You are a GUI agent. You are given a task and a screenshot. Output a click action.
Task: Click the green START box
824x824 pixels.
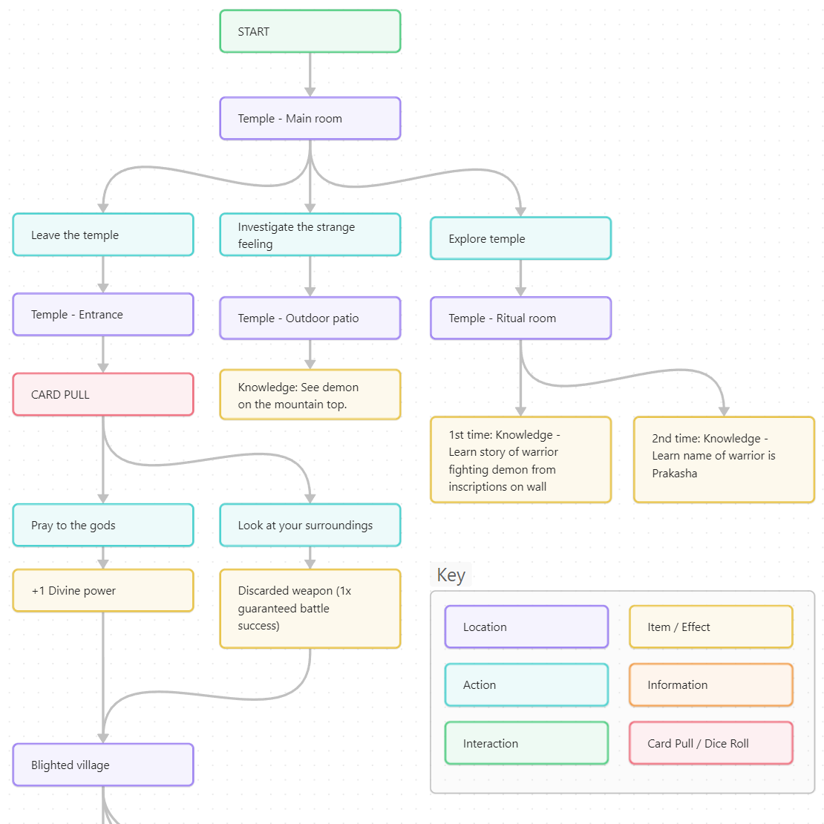pyautogui.click(x=310, y=31)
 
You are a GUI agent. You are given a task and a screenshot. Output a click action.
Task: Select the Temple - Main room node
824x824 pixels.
pyautogui.click(x=310, y=119)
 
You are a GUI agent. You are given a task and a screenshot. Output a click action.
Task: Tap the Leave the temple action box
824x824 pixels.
pyautogui.click(x=103, y=235)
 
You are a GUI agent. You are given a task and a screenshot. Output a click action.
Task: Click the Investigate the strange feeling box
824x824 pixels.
pyautogui.click(x=310, y=235)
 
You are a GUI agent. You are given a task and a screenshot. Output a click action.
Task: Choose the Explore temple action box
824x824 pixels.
pyautogui.click(x=520, y=238)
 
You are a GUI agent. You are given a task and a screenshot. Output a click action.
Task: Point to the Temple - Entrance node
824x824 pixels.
pyautogui.click(x=103, y=315)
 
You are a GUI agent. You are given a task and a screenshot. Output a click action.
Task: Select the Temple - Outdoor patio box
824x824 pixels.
pyautogui.click(x=310, y=318)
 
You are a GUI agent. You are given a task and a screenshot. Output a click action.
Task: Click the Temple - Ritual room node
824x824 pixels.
pyautogui.click(x=520, y=318)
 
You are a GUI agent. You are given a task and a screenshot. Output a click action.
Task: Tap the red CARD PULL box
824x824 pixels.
pyautogui.click(x=103, y=394)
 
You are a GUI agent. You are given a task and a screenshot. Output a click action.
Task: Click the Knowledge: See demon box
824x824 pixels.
pyautogui.click(x=310, y=395)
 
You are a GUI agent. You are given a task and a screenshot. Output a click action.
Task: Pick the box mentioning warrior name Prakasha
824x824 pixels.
pyautogui.click(x=724, y=460)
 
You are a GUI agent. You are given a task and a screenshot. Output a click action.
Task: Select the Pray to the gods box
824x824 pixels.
pyautogui.click(x=103, y=526)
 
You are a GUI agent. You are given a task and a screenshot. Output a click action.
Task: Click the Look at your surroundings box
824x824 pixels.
pyautogui.click(x=310, y=526)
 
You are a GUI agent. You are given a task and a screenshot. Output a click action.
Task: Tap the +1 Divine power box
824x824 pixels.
pyautogui.click(x=103, y=591)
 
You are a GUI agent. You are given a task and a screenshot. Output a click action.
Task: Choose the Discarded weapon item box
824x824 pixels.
pyautogui.click(x=310, y=609)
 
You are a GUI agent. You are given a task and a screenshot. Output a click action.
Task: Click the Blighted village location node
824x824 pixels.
pyautogui.click(x=103, y=765)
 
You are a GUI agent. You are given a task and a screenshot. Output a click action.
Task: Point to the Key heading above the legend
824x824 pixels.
pyautogui.click(x=451, y=575)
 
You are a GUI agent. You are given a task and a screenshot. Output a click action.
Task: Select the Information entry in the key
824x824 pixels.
pyautogui.click(x=710, y=684)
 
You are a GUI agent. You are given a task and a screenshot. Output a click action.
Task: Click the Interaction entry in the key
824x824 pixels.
pyautogui.click(x=526, y=743)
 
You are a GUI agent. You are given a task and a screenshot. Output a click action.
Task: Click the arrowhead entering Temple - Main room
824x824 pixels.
pyautogui.click(x=310, y=91)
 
